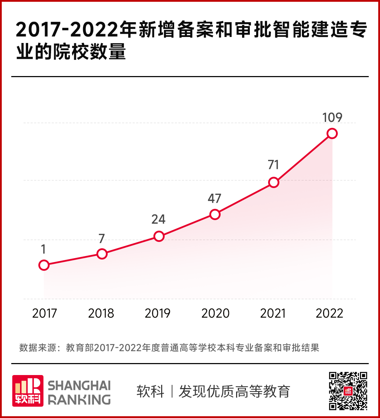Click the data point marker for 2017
tap(44, 265)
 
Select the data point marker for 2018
tap(102, 254)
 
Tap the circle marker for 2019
tap(159, 236)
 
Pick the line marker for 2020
tap(215, 214)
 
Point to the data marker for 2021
tap(273, 182)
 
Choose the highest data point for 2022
tap(332, 133)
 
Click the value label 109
tap(332, 117)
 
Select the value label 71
tap(273, 165)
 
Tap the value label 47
tap(214, 199)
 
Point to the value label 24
tap(158, 219)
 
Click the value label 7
tap(102, 239)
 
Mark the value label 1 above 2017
tap(43, 249)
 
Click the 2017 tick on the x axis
tap(44, 313)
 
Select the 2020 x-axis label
tap(215, 313)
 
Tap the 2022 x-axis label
tap(329, 313)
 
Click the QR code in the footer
tap(348, 391)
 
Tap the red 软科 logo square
tap(28, 391)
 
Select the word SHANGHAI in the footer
tap(79, 385)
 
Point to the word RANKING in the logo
tap(79, 400)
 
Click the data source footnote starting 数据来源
tap(169, 348)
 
